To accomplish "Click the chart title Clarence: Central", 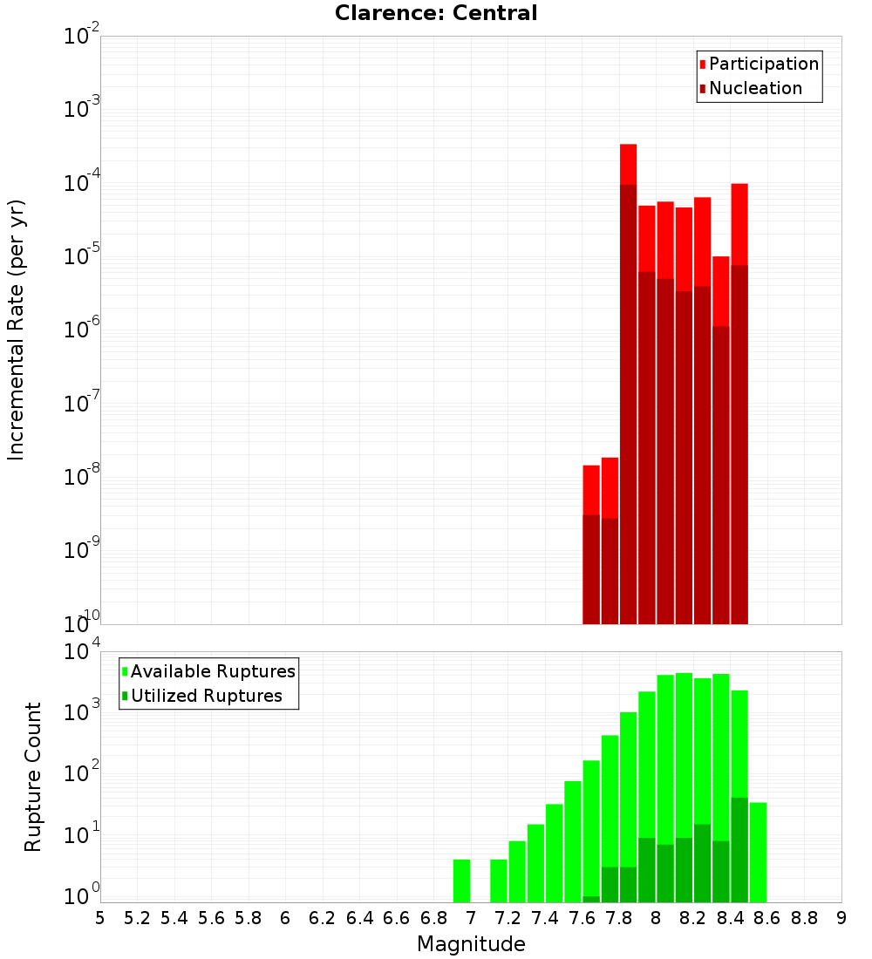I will [x=436, y=13].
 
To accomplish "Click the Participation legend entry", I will [x=763, y=64].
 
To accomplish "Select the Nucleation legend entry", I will [x=754, y=88].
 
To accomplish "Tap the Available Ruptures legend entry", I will [x=212, y=671].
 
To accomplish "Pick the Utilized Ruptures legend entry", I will [x=206, y=696].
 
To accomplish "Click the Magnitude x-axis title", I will [x=471, y=944].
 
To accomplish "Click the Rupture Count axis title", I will [x=33, y=776].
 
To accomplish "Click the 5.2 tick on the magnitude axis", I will [x=137, y=917].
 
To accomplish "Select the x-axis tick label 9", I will [x=841, y=917].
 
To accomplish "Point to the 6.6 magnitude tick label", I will [x=397, y=917].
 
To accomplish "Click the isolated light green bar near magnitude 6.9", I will [x=461, y=881].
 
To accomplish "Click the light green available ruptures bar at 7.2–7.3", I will [x=517, y=871].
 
